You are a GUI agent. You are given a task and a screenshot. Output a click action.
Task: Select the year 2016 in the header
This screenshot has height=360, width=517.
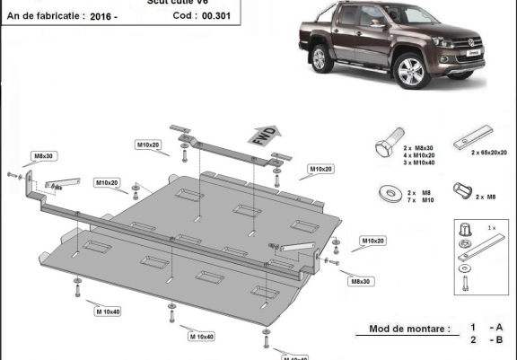[103, 15]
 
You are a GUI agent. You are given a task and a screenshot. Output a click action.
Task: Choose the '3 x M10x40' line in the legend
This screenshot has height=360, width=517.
[420, 162]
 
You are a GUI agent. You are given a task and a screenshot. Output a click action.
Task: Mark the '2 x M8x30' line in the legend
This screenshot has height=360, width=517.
[419, 146]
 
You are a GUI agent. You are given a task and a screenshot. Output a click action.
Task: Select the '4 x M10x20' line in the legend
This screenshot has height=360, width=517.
[420, 154]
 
